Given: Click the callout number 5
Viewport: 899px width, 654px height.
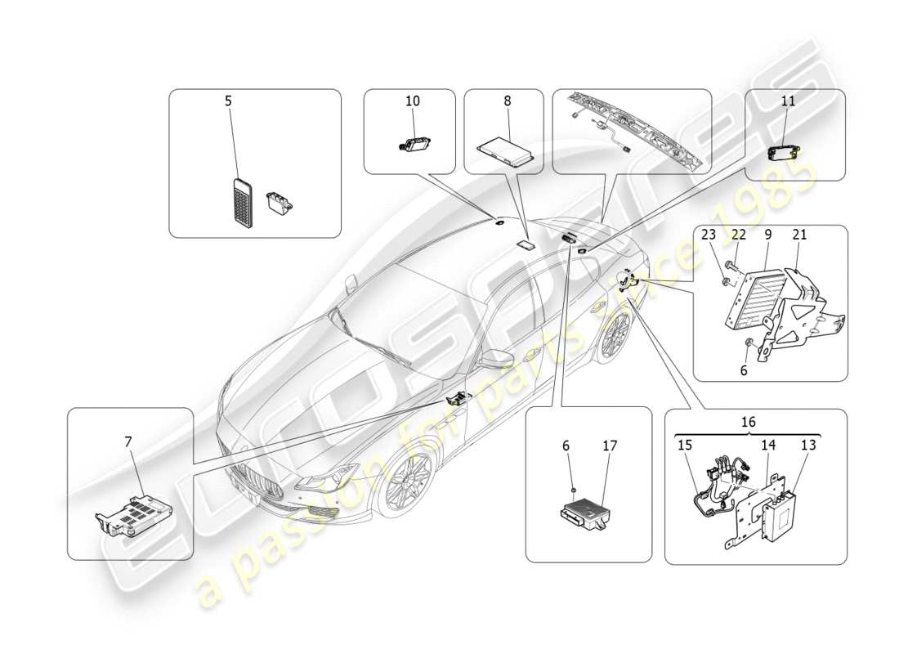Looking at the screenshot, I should [x=228, y=101].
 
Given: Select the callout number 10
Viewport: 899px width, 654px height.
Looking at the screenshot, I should [x=412, y=101].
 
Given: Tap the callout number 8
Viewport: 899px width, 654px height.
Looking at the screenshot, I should [x=507, y=101].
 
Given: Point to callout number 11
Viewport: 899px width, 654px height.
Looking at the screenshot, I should [x=787, y=101].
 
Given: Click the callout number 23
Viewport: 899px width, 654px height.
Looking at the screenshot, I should [x=709, y=235].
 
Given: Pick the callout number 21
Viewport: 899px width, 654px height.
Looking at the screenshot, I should [x=799, y=235].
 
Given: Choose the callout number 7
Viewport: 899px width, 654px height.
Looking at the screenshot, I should [x=127, y=442].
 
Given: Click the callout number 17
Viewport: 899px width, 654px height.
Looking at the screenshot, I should [x=610, y=446].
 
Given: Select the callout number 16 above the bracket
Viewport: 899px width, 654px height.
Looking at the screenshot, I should [x=748, y=423].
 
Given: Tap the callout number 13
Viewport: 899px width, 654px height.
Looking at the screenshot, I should [x=807, y=446].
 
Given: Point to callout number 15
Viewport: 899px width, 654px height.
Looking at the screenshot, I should [x=685, y=446].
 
